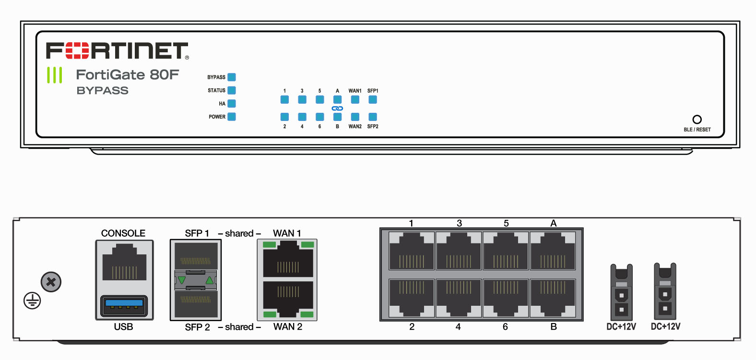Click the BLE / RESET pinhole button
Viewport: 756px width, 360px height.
click(697, 120)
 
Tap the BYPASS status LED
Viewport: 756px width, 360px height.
click(232, 77)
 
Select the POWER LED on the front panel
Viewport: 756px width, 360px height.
click(232, 117)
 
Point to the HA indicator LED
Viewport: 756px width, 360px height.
click(232, 104)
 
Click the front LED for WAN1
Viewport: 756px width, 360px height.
click(355, 100)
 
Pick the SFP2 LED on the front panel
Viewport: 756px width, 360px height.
click(373, 117)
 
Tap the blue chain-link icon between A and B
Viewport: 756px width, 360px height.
click(337, 108)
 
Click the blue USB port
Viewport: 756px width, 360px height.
click(124, 306)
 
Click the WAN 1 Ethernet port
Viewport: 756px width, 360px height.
click(288, 259)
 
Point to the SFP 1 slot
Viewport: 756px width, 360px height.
click(196, 255)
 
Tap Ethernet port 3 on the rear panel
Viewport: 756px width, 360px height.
click(459, 251)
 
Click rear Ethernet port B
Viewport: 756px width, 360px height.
click(553, 298)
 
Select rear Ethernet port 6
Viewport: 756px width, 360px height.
click(506, 298)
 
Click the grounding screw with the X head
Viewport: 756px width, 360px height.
click(51, 282)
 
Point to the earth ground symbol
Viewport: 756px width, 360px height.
click(32, 301)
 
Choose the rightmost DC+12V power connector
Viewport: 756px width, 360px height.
click(665, 292)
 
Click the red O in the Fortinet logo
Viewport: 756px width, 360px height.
click(77, 50)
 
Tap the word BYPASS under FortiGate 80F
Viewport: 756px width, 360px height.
click(103, 91)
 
